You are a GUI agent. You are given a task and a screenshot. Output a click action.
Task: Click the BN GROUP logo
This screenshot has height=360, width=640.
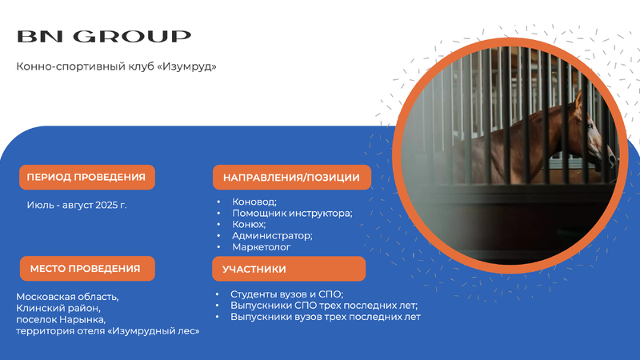104,36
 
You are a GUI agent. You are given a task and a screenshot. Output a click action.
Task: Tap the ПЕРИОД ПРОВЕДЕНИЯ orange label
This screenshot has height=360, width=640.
87,177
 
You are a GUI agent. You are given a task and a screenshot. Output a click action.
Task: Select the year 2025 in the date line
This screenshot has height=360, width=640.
106,205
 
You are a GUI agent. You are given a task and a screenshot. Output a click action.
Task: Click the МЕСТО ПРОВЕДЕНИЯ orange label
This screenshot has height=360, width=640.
87,269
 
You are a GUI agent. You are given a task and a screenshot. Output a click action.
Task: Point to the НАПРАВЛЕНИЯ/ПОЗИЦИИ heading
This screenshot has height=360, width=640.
292,178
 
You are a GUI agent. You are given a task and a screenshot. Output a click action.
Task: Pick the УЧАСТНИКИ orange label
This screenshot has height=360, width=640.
289,269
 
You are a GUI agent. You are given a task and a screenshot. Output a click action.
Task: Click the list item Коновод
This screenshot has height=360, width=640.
254,202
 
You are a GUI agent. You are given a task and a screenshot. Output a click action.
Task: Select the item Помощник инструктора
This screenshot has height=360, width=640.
292,213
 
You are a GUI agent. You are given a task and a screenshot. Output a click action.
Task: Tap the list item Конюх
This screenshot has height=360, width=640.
249,224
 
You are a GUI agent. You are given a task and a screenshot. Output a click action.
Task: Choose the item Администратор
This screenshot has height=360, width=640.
272,235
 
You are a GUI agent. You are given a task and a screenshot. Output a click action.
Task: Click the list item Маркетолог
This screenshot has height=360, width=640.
262,247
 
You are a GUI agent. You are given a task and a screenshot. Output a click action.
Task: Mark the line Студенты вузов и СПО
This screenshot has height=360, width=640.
286,294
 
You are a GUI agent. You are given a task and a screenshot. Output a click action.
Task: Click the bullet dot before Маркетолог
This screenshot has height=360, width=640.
218,247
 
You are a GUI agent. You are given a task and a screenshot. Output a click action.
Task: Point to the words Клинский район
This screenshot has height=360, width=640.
58,308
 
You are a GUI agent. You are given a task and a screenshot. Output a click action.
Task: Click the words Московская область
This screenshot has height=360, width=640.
67,297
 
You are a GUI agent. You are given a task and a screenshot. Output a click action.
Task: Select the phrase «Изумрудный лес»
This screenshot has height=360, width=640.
154,331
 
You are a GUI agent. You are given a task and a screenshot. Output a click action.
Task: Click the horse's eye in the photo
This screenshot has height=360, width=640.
589,126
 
